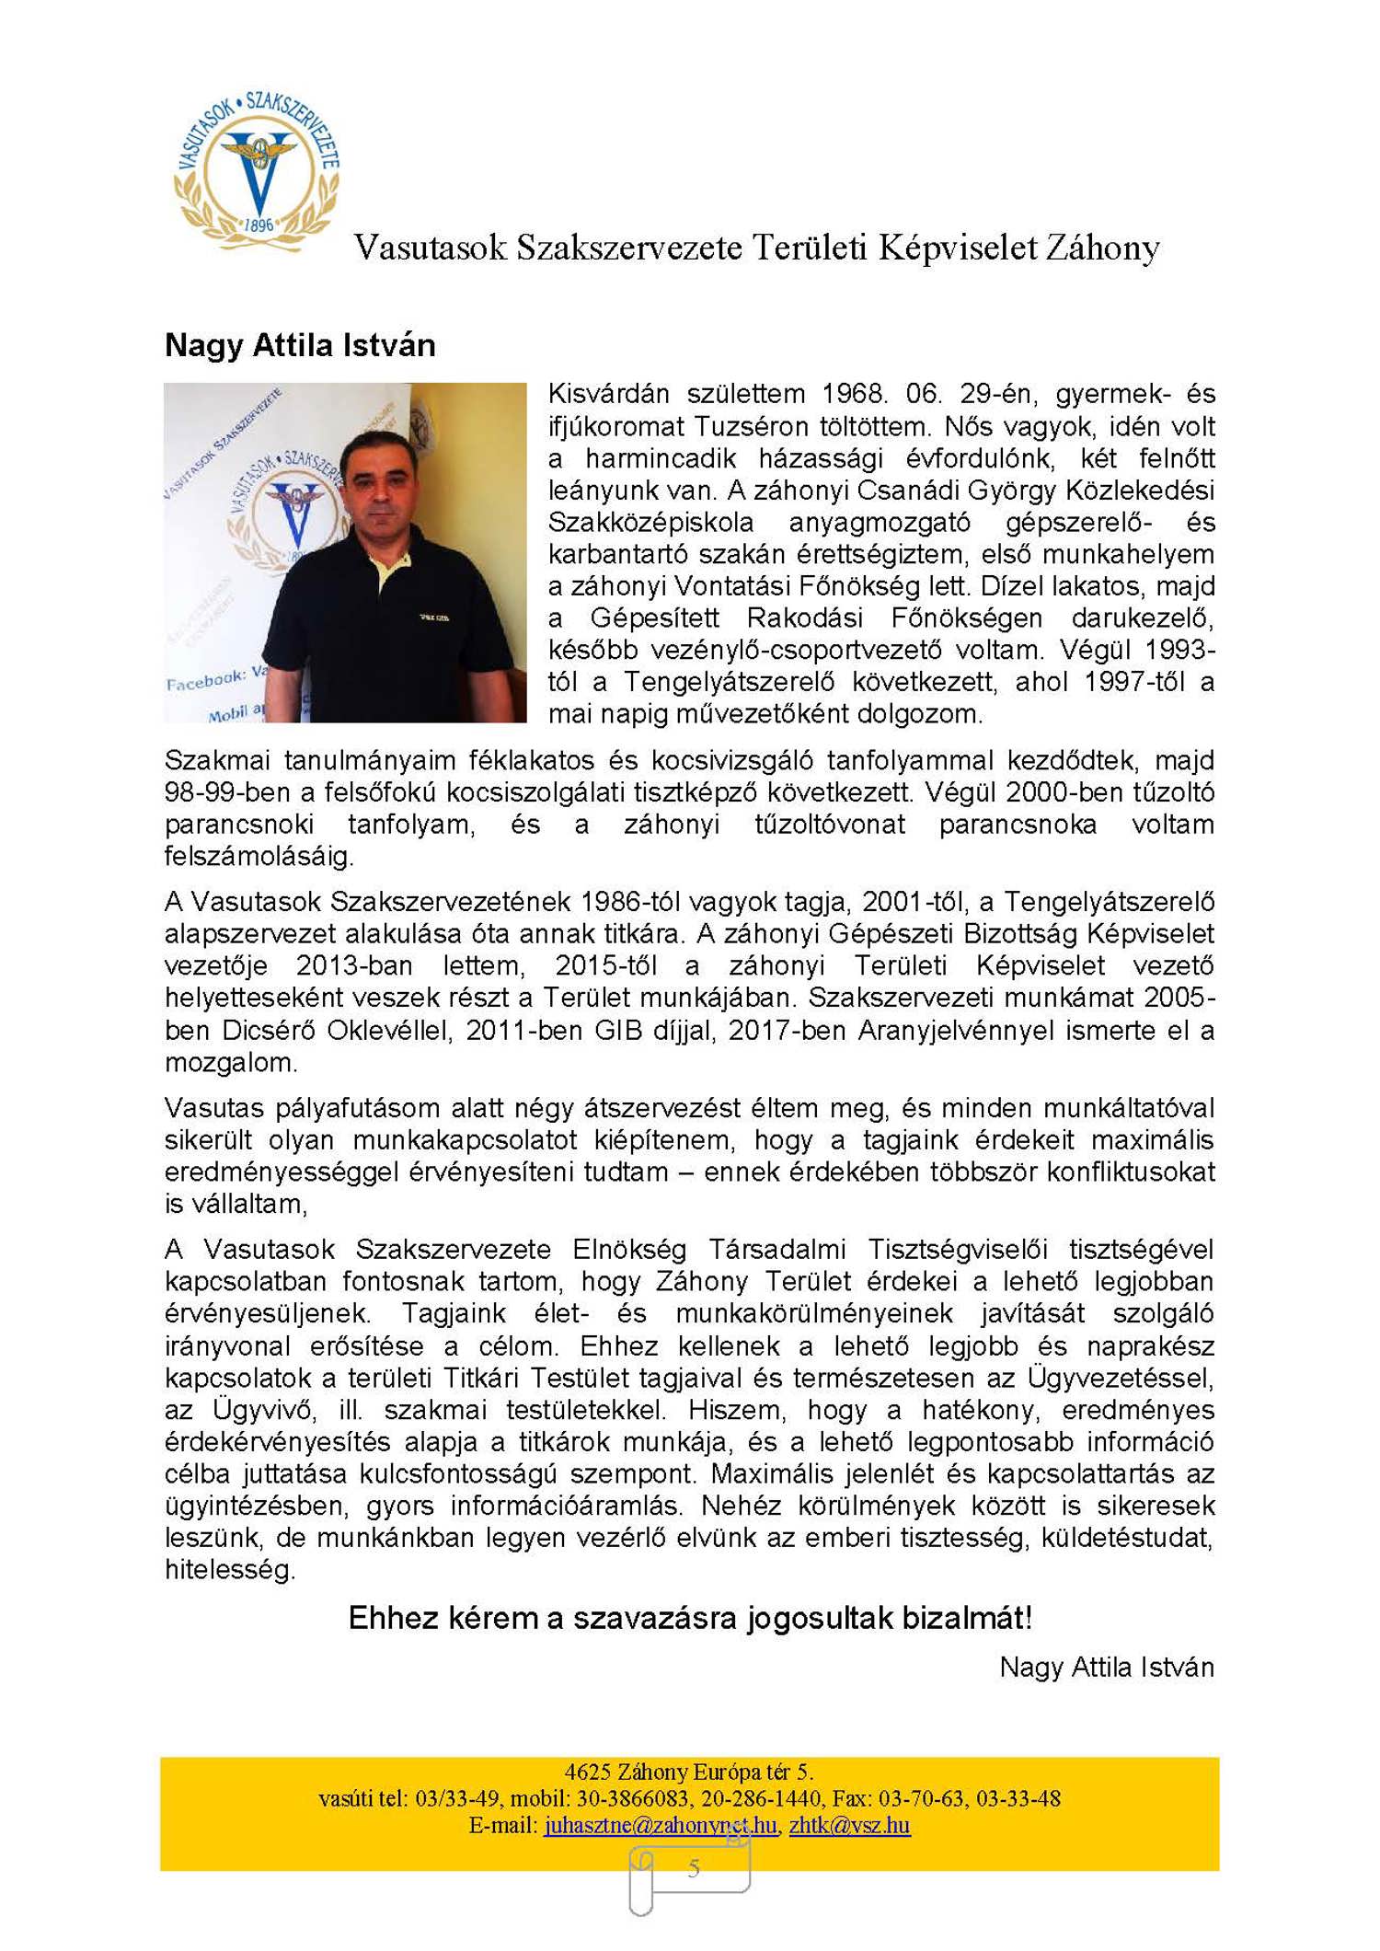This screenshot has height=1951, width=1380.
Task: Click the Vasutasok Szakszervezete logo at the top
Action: click(x=257, y=170)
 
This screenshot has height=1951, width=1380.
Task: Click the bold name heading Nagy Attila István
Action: click(x=300, y=345)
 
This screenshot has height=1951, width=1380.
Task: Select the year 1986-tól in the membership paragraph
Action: click(x=633, y=901)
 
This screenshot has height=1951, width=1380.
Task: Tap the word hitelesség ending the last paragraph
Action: click(x=229, y=1570)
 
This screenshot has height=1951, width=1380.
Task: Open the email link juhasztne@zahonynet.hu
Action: click(x=660, y=1825)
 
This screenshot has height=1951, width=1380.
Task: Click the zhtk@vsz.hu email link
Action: click(x=849, y=1825)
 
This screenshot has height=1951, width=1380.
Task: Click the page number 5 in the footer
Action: click(x=694, y=1867)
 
